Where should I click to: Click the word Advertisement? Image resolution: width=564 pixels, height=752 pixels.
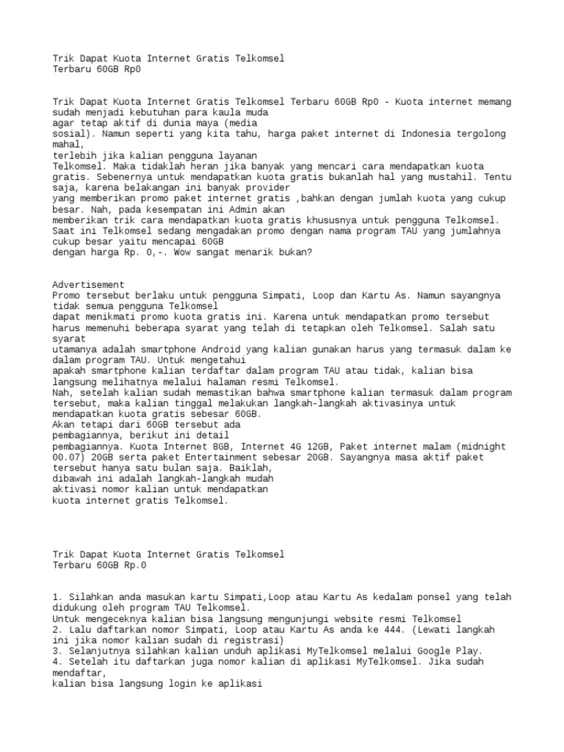[89, 285]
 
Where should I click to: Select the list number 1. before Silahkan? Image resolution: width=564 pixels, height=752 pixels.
[59, 597]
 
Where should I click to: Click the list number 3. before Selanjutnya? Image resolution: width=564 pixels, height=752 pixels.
[59, 651]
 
